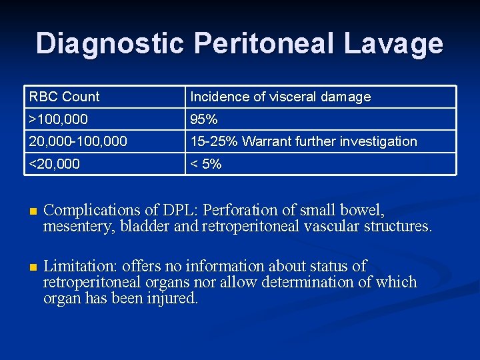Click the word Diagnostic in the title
point(111,43)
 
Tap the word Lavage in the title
point(394,43)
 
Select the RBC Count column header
point(64,97)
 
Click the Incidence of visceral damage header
point(280,97)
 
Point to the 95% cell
point(204,119)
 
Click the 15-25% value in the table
point(215,141)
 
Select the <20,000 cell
point(55,164)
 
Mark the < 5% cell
point(206,164)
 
